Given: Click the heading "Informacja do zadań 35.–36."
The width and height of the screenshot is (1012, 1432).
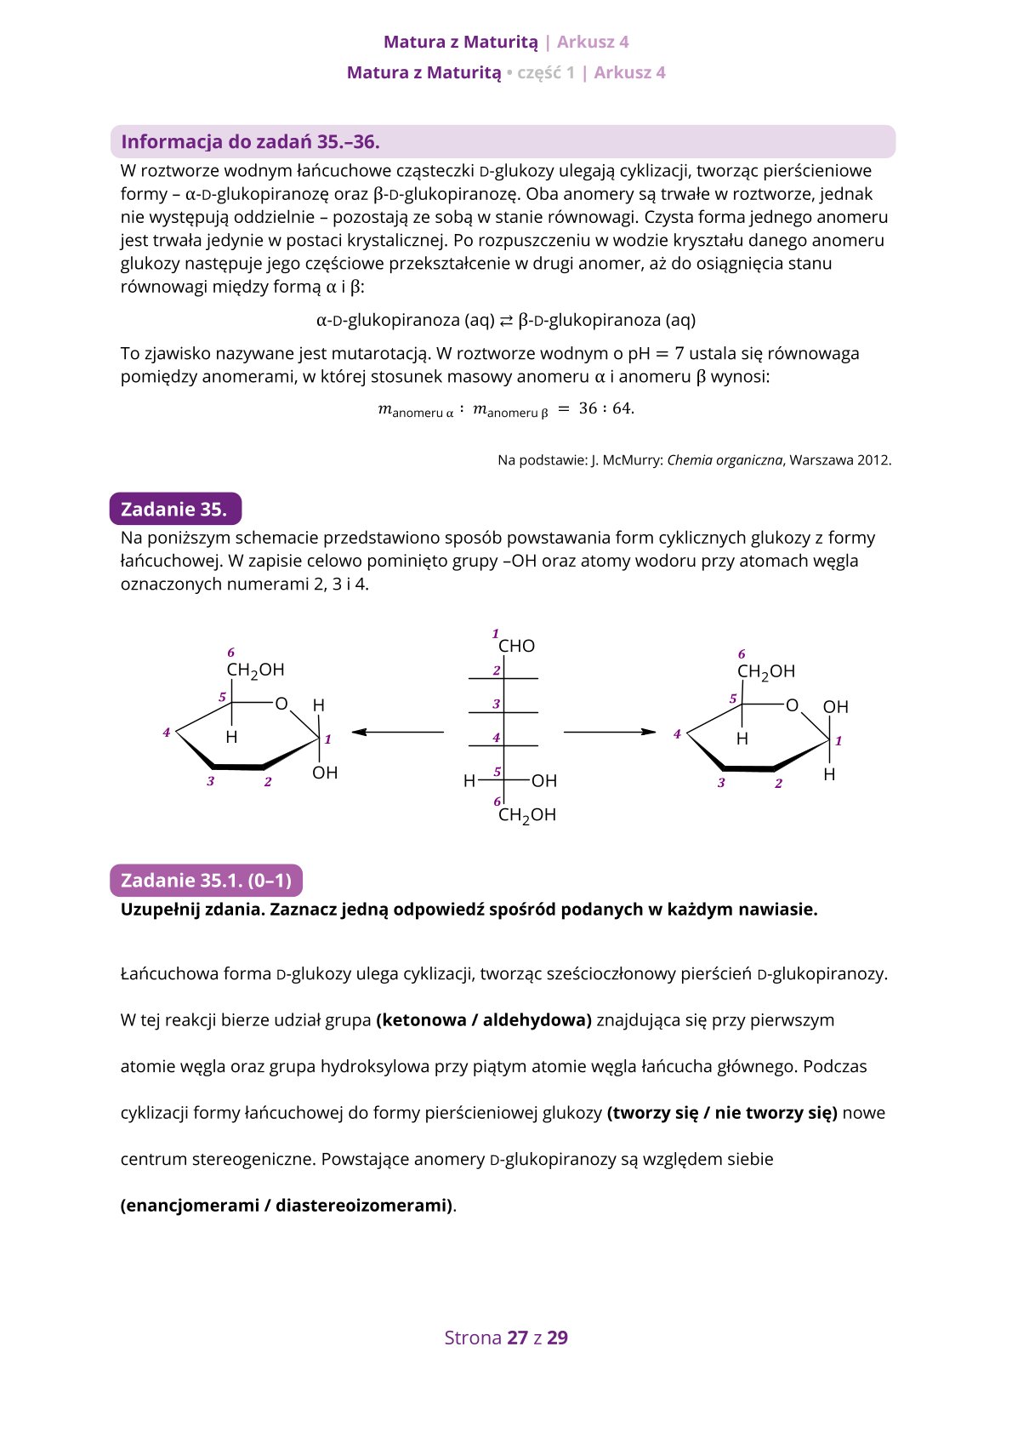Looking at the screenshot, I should tap(250, 142).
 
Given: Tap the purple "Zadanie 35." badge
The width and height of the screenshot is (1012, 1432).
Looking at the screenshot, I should tap(174, 510).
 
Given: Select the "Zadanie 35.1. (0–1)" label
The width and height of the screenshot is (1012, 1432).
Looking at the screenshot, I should tap(206, 881).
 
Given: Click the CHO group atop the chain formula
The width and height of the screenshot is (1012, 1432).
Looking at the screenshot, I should tap(516, 647).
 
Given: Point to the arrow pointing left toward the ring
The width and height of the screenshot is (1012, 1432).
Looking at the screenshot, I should tap(398, 732).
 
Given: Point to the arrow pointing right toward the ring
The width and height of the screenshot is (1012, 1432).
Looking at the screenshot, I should tap(610, 732).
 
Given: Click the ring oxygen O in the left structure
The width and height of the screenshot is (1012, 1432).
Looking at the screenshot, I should tap(281, 704).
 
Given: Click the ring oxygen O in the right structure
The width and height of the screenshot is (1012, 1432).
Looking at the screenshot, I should tap(792, 705).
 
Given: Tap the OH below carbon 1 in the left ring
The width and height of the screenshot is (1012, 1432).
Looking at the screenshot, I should tap(325, 773).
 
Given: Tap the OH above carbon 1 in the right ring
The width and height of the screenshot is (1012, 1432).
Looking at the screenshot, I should tap(835, 707).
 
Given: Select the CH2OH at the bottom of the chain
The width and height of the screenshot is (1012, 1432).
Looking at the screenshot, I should tap(526, 815).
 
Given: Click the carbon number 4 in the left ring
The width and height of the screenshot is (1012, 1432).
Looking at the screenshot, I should tap(167, 732).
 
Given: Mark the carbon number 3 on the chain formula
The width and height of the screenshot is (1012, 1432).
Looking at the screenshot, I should tap(497, 704).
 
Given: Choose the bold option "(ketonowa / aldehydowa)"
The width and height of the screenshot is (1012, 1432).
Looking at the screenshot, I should tap(483, 1020).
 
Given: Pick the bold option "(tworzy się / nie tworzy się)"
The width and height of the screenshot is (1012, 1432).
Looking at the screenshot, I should tap(722, 1113).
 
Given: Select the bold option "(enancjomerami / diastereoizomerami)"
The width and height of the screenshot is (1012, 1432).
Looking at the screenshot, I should tap(286, 1206).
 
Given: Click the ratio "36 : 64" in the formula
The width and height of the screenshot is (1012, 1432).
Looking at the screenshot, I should tap(605, 408).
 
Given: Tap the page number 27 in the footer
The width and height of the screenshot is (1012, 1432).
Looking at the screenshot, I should tap(517, 1338).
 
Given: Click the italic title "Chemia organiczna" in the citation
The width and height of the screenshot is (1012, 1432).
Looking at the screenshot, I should tap(725, 460).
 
